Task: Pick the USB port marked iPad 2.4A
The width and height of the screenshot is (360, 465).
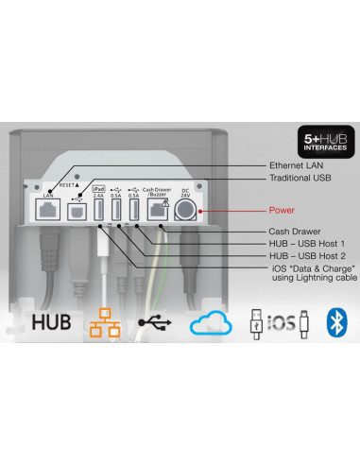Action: click(97, 210)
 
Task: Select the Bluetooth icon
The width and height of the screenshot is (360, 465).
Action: click(334, 322)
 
